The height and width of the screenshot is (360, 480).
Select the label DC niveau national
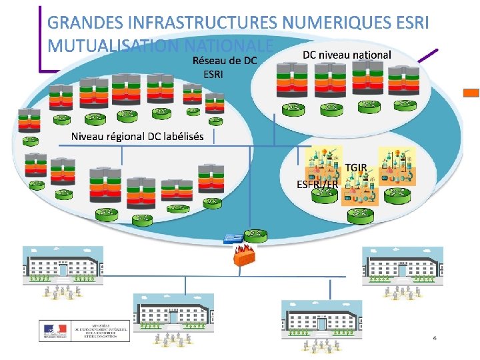347,54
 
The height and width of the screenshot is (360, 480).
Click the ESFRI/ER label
317,184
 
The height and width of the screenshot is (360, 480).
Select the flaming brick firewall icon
243,255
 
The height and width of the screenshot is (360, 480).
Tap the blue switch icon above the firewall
234,237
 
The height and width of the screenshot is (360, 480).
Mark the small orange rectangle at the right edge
471,93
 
